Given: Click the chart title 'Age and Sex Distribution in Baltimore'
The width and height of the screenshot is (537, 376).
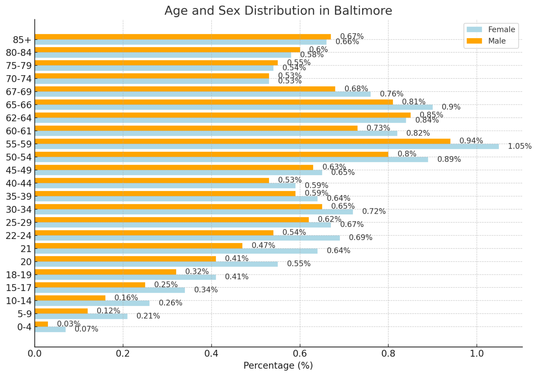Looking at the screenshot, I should (278, 10).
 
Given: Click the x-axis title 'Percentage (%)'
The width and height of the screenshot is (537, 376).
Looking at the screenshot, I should (278, 366).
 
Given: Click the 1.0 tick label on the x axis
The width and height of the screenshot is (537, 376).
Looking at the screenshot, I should (477, 353).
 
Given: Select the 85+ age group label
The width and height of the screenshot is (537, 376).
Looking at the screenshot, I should (22, 40).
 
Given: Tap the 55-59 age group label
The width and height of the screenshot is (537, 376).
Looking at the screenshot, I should (19, 144).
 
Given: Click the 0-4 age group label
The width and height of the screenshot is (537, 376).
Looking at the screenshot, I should (24, 327).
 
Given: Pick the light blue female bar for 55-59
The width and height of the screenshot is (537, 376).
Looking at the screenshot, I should (266, 147).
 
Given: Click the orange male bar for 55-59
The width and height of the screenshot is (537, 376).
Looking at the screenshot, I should (241, 141).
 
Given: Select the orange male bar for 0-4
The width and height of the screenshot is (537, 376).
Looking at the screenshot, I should (41, 324).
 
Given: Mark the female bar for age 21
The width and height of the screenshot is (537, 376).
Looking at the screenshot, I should (175, 251).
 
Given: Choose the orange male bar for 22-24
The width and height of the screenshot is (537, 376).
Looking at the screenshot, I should (154, 233).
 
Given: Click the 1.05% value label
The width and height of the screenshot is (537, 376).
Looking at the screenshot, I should (520, 146).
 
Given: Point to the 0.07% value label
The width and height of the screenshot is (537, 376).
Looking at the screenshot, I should (86, 329).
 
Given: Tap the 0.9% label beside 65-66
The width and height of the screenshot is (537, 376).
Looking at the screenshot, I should (451, 107).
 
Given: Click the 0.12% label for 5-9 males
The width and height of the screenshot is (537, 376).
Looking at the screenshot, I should (108, 311).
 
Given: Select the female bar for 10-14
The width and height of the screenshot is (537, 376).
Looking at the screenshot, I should (92, 303).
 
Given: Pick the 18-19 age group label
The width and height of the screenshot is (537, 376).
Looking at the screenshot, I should (19, 275).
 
